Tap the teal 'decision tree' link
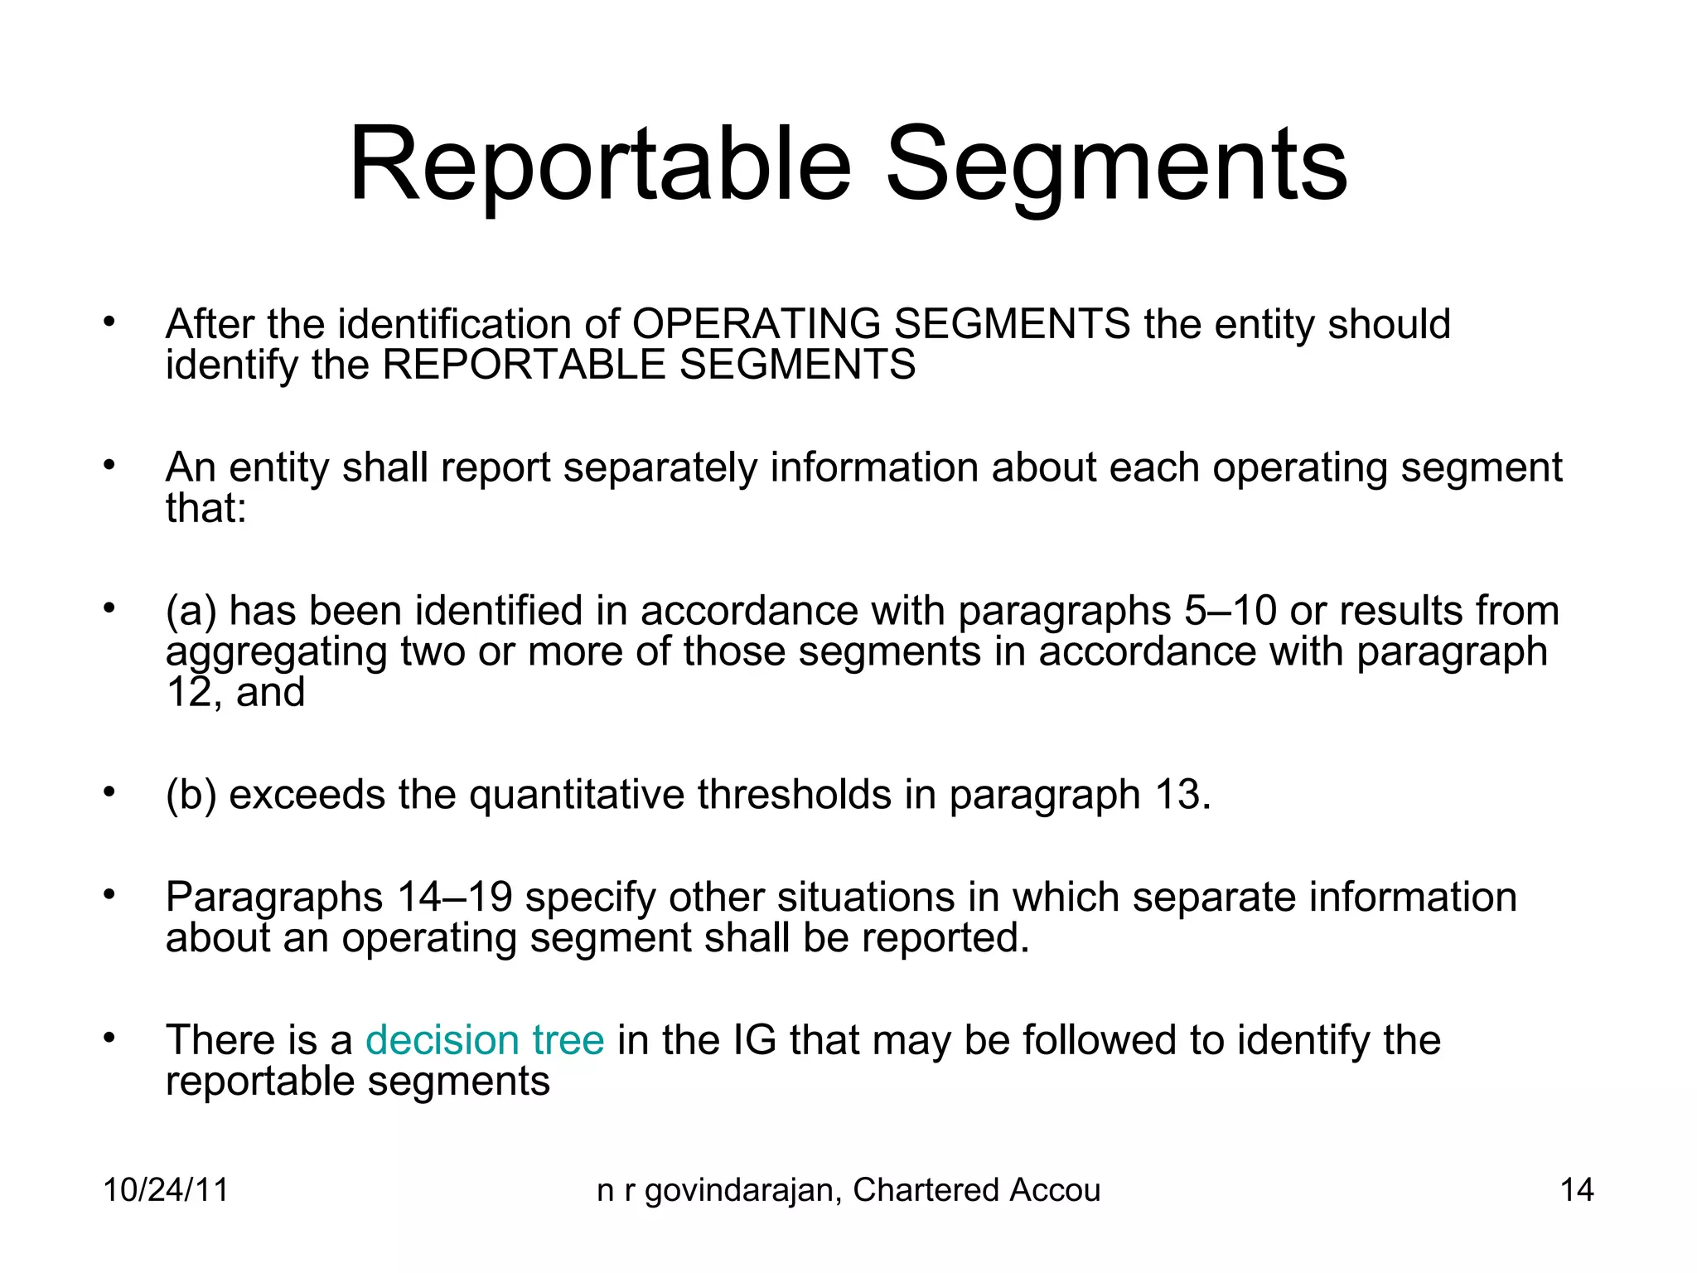tap(485, 1040)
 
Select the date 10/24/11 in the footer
tap(166, 1190)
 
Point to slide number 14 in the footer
tap(1577, 1190)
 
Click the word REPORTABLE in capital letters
tap(523, 365)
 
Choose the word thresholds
tap(794, 795)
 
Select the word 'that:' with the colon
tap(206, 508)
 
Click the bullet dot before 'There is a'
tap(108, 1038)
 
